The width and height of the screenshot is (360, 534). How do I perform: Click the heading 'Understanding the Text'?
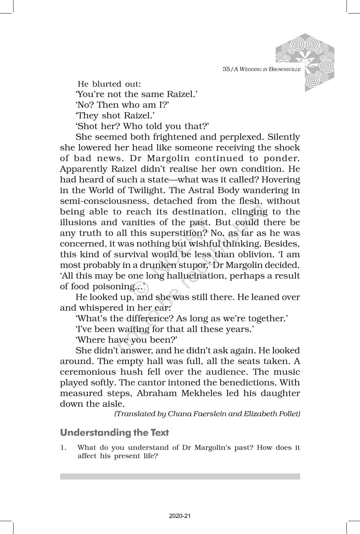pos(114,433)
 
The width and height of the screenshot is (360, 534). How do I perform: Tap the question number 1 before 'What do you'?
pos(62,448)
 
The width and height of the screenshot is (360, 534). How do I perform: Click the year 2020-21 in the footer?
pos(180,516)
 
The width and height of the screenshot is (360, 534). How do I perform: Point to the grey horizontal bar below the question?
pos(180,476)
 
